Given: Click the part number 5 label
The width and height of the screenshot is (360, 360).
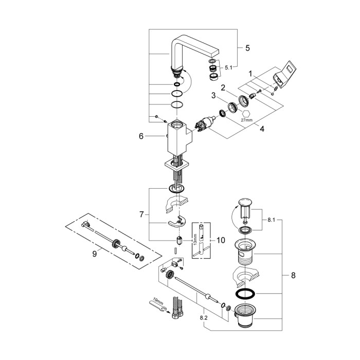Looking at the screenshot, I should point(247,48).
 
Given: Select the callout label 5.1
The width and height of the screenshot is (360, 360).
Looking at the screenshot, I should point(228,66).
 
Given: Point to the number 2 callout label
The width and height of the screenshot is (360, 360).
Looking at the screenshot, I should point(224,87).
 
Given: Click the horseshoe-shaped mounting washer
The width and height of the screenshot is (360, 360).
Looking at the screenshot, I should point(175,222).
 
